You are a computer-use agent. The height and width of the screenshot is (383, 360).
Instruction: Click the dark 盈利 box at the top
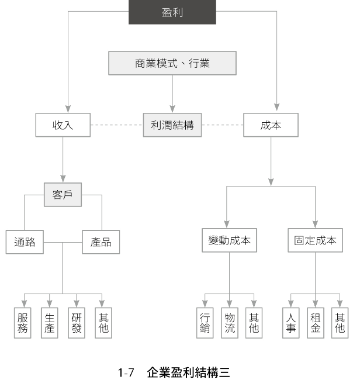[172, 12]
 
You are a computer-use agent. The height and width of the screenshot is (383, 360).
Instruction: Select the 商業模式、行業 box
[172, 63]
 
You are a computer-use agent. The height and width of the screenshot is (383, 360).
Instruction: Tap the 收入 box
[63, 125]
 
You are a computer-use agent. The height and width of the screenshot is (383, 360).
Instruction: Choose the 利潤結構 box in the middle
[172, 125]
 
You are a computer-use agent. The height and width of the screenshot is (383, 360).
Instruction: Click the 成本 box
[271, 125]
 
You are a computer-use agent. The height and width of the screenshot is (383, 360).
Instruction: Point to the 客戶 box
[63, 195]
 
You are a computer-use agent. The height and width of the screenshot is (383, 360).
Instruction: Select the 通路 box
[25, 242]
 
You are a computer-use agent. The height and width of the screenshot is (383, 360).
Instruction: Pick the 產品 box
[101, 242]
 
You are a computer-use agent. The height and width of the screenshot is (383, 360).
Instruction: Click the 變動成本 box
[230, 240]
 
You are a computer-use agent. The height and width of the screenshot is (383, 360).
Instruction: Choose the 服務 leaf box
[23, 322]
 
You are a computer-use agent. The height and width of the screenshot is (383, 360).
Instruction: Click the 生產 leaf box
[50, 322]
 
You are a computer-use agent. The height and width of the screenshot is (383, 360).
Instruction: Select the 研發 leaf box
[77, 322]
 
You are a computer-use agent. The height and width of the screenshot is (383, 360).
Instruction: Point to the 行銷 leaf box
[205, 322]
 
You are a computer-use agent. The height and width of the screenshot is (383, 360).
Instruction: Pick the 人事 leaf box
[290, 322]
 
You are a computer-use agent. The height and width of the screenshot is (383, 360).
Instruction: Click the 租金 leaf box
[316, 322]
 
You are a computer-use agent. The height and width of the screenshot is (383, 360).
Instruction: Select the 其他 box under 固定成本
[340, 322]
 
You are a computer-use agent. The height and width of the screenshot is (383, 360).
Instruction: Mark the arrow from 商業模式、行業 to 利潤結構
[172, 93]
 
